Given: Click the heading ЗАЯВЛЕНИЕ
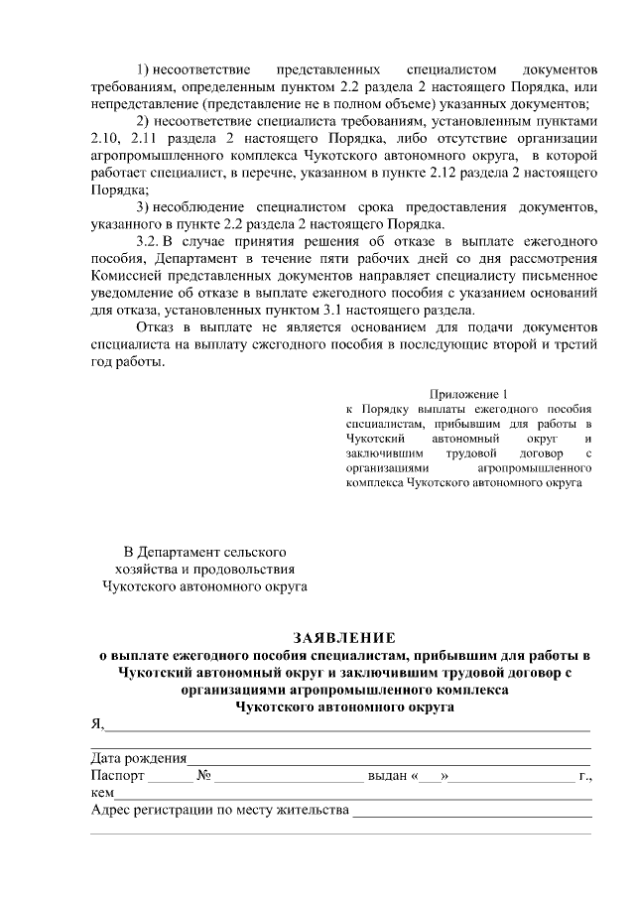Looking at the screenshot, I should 343,636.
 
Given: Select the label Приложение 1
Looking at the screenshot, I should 470,393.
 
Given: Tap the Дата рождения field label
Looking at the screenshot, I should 133,759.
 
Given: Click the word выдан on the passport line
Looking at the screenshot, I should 388,776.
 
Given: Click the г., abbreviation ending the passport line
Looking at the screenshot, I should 585,776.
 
